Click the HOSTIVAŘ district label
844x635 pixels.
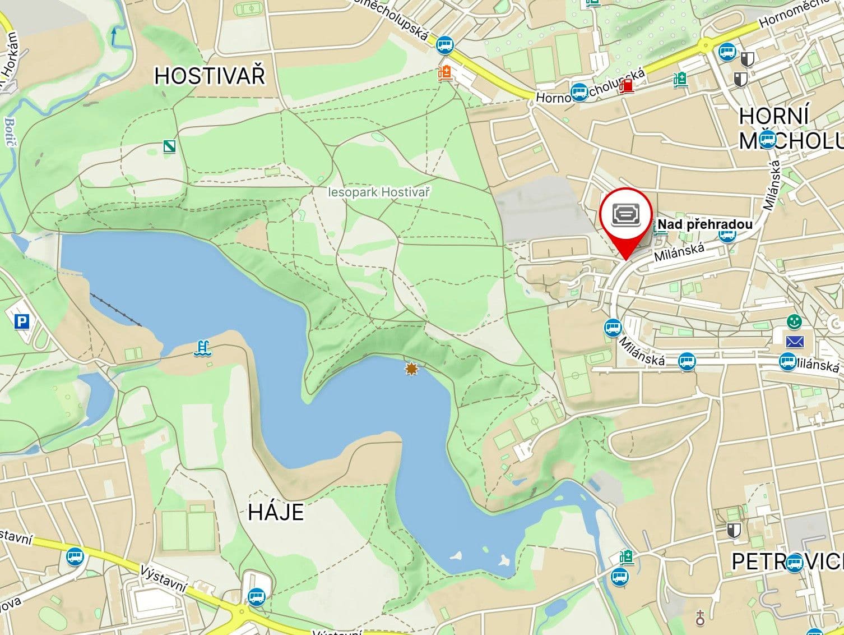point(210,76)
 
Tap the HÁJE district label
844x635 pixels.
point(276,512)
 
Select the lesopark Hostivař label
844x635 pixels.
point(379,192)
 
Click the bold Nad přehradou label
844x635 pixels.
point(705,225)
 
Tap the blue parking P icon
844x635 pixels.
point(22,321)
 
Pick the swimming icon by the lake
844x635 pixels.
point(202,348)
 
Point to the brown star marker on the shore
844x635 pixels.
point(412,369)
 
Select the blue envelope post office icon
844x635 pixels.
point(794,341)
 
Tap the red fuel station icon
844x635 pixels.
point(628,85)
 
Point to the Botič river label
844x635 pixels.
point(10,132)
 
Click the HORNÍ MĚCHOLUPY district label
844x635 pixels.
point(790,128)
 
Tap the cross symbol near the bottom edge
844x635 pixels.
point(700,618)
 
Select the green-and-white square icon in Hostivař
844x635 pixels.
point(170,146)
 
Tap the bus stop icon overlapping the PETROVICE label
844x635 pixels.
point(794,562)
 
